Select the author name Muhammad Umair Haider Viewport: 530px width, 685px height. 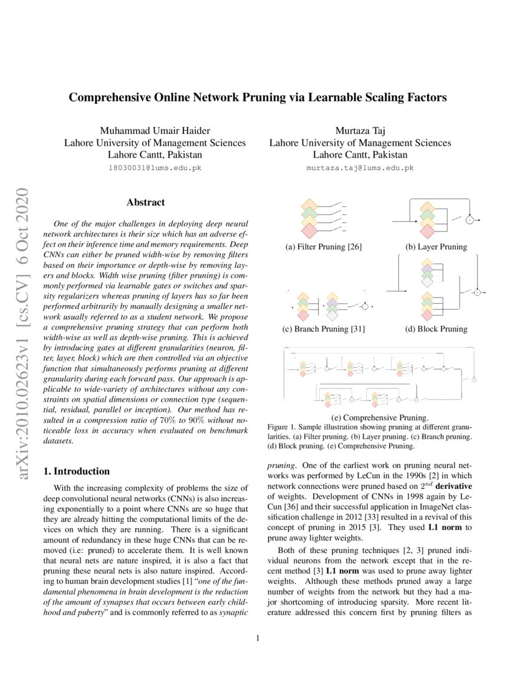tap(155, 130)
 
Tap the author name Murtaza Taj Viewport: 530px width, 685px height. tap(360, 130)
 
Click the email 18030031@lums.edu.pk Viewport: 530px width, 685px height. tap(155, 168)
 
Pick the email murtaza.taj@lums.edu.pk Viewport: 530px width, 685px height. tap(360, 168)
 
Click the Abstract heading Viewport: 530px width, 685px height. tap(145, 202)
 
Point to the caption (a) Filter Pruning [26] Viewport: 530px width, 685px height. tap(324, 247)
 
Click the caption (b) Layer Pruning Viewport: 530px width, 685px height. tap(436, 247)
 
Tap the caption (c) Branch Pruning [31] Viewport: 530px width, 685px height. tap(324, 329)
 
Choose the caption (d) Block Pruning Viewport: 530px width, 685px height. tap(436, 329)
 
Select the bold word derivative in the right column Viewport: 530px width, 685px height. tap(451, 485)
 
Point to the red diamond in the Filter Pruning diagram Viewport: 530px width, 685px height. tap(309, 231)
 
